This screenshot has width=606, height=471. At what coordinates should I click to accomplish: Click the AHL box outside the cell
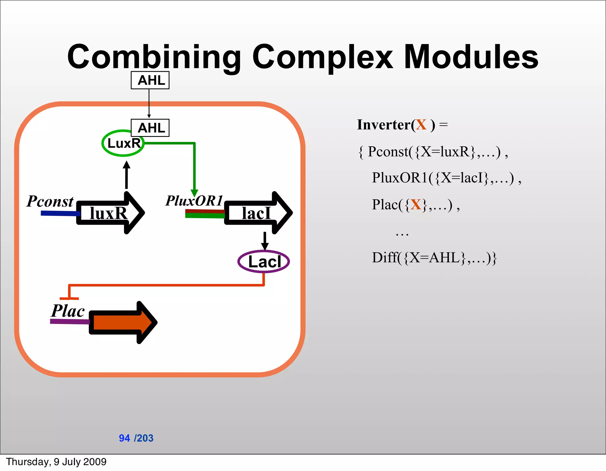(150, 80)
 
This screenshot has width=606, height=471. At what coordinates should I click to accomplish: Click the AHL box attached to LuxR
(150, 128)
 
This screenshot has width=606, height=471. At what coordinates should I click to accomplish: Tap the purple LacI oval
(263, 262)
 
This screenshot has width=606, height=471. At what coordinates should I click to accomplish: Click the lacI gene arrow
(257, 213)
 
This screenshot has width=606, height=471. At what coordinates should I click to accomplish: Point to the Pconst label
(50, 201)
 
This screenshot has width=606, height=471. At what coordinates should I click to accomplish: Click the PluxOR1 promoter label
(194, 201)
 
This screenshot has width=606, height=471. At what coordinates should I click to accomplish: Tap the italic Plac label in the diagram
(68, 311)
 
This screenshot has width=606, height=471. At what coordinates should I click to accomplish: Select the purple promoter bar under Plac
(70, 321)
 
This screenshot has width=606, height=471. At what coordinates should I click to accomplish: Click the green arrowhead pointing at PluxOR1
(194, 193)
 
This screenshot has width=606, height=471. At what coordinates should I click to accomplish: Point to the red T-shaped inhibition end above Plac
(69, 298)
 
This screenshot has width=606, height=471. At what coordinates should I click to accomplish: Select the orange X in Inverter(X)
(421, 125)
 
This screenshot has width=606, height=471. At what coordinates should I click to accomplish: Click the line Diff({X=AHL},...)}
(434, 258)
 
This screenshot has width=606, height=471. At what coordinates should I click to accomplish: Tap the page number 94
(124, 438)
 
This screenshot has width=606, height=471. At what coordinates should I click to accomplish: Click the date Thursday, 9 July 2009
(56, 462)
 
